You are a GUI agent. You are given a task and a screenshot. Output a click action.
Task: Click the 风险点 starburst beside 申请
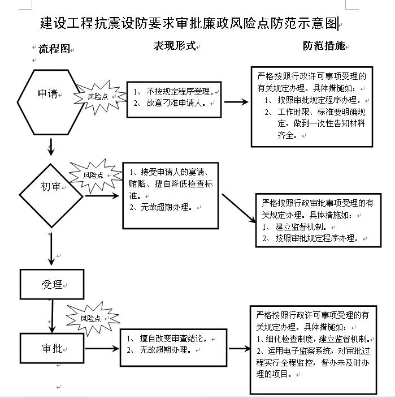coord(101,97)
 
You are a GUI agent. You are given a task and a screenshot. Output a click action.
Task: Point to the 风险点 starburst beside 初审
coord(96,176)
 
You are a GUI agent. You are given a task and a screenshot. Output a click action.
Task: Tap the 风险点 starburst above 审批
coord(93,318)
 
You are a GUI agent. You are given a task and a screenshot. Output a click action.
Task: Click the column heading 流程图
coord(54,49)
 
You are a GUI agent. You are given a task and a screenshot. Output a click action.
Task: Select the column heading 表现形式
coord(175,46)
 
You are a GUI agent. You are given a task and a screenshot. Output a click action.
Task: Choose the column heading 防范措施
coord(324,46)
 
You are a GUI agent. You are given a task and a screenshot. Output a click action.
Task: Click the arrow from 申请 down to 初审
coord(51,147)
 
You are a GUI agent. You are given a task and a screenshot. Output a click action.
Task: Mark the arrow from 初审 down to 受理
coord(51,249)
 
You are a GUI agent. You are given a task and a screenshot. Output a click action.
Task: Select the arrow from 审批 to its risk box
coord(102,349)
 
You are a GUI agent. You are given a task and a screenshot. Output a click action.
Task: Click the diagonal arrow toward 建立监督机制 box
coord(239,208)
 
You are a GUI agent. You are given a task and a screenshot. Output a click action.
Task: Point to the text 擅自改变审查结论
coord(171,339)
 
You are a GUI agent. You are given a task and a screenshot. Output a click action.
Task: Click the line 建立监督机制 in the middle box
coord(301,226)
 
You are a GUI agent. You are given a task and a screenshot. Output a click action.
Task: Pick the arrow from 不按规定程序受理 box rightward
coord(236,102)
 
